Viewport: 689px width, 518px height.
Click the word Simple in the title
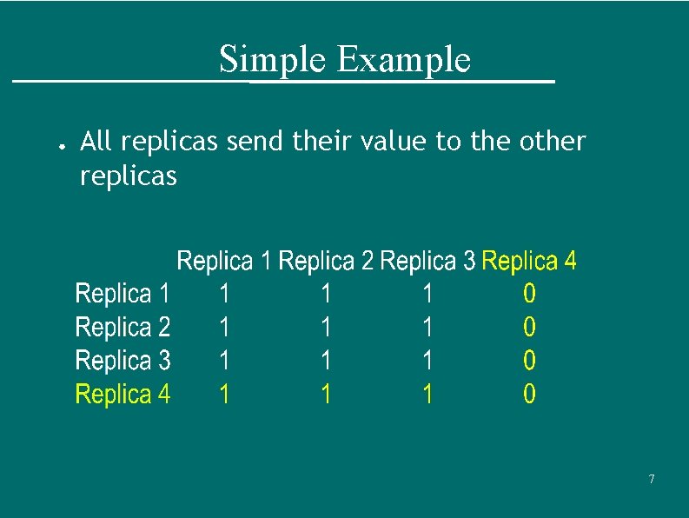click(274, 60)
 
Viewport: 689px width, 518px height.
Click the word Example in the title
click(402, 60)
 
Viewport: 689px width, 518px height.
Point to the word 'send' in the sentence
click(255, 141)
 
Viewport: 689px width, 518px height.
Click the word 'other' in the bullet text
click(553, 141)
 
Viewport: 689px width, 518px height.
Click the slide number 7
click(652, 480)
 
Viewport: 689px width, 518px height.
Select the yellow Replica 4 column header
click(528, 261)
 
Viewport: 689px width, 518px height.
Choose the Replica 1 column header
click(224, 261)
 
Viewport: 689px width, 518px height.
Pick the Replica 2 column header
click(326, 261)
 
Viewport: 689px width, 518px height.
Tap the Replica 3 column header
click(427, 261)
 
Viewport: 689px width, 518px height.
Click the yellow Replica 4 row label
click(123, 395)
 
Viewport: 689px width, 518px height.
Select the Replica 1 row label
click(123, 294)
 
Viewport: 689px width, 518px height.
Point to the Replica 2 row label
click(123, 328)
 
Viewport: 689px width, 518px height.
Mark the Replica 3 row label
click(123, 361)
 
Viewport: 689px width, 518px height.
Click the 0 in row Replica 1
click(529, 294)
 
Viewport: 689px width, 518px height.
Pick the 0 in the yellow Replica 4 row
click(529, 395)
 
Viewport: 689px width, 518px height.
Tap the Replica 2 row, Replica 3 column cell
click(427, 328)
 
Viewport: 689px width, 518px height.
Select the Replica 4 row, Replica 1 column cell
click(224, 395)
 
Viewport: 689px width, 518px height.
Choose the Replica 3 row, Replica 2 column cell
click(326, 361)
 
